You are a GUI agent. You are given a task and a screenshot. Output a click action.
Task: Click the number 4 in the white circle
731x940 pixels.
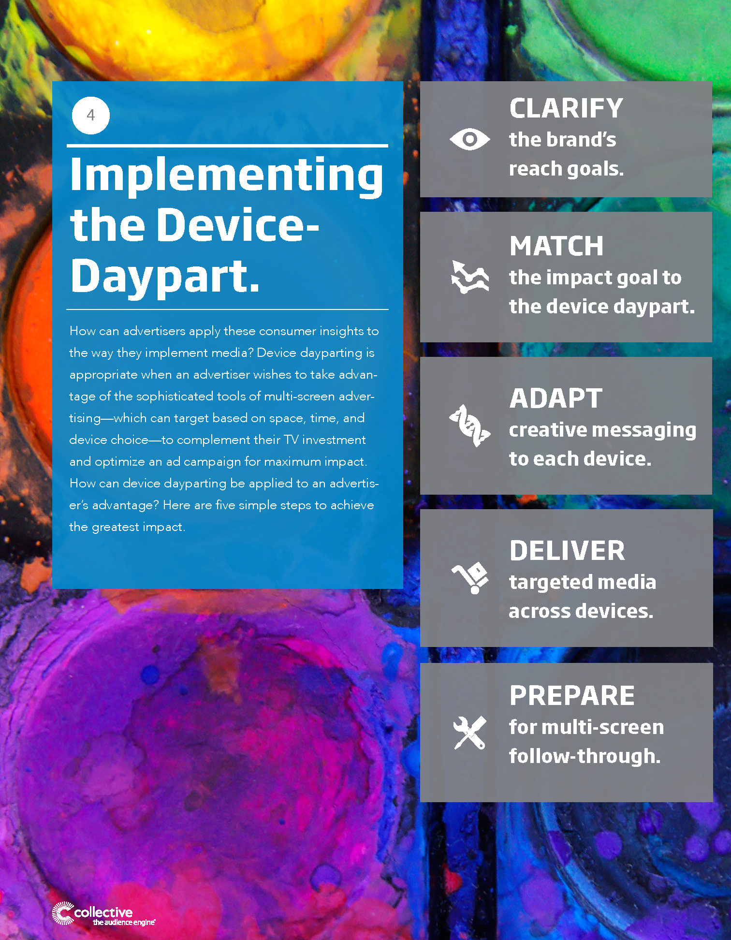[x=90, y=115]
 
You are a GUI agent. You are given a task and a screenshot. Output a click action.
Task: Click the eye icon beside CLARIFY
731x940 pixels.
[x=469, y=139]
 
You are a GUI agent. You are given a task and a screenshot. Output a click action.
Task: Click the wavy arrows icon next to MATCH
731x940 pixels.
[x=469, y=277]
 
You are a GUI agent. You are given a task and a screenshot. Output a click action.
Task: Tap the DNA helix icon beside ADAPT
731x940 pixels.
[x=469, y=426]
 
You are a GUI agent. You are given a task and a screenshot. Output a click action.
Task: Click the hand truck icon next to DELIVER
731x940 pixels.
[x=470, y=578]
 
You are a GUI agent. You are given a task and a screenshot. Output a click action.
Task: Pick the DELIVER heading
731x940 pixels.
[x=567, y=550]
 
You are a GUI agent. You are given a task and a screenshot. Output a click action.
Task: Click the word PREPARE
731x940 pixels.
[x=572, y=695]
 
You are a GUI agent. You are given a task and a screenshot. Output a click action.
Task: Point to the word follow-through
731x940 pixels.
[x=585, y=756]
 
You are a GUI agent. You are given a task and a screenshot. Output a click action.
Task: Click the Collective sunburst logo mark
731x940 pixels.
[x=63, y=913]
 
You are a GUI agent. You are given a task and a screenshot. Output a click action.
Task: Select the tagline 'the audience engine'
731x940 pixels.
[x=124, y=923]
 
